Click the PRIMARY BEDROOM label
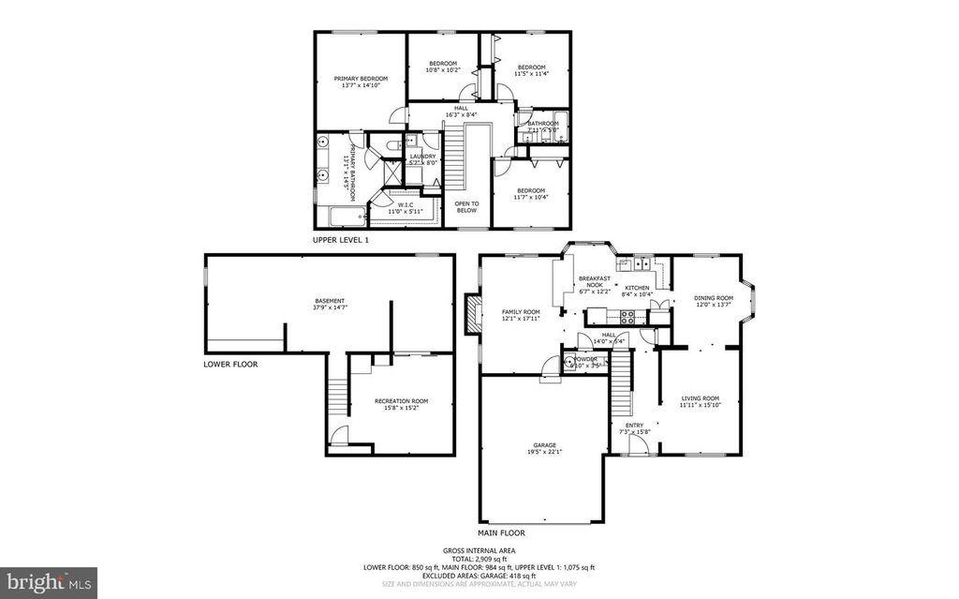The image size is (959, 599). pyautogui.click(x=361, y=79)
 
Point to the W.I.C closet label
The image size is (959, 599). pyautogui.click(x=406, y=204)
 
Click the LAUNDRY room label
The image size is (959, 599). pyautogui.click(x=423, y=157)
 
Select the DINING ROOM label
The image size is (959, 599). pyautogui.click(x=714, y=298)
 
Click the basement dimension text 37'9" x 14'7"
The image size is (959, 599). pyautogui.click(x=329, y=307)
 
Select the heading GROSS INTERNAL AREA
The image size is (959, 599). pyautogui.click(x=479, y=550)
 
